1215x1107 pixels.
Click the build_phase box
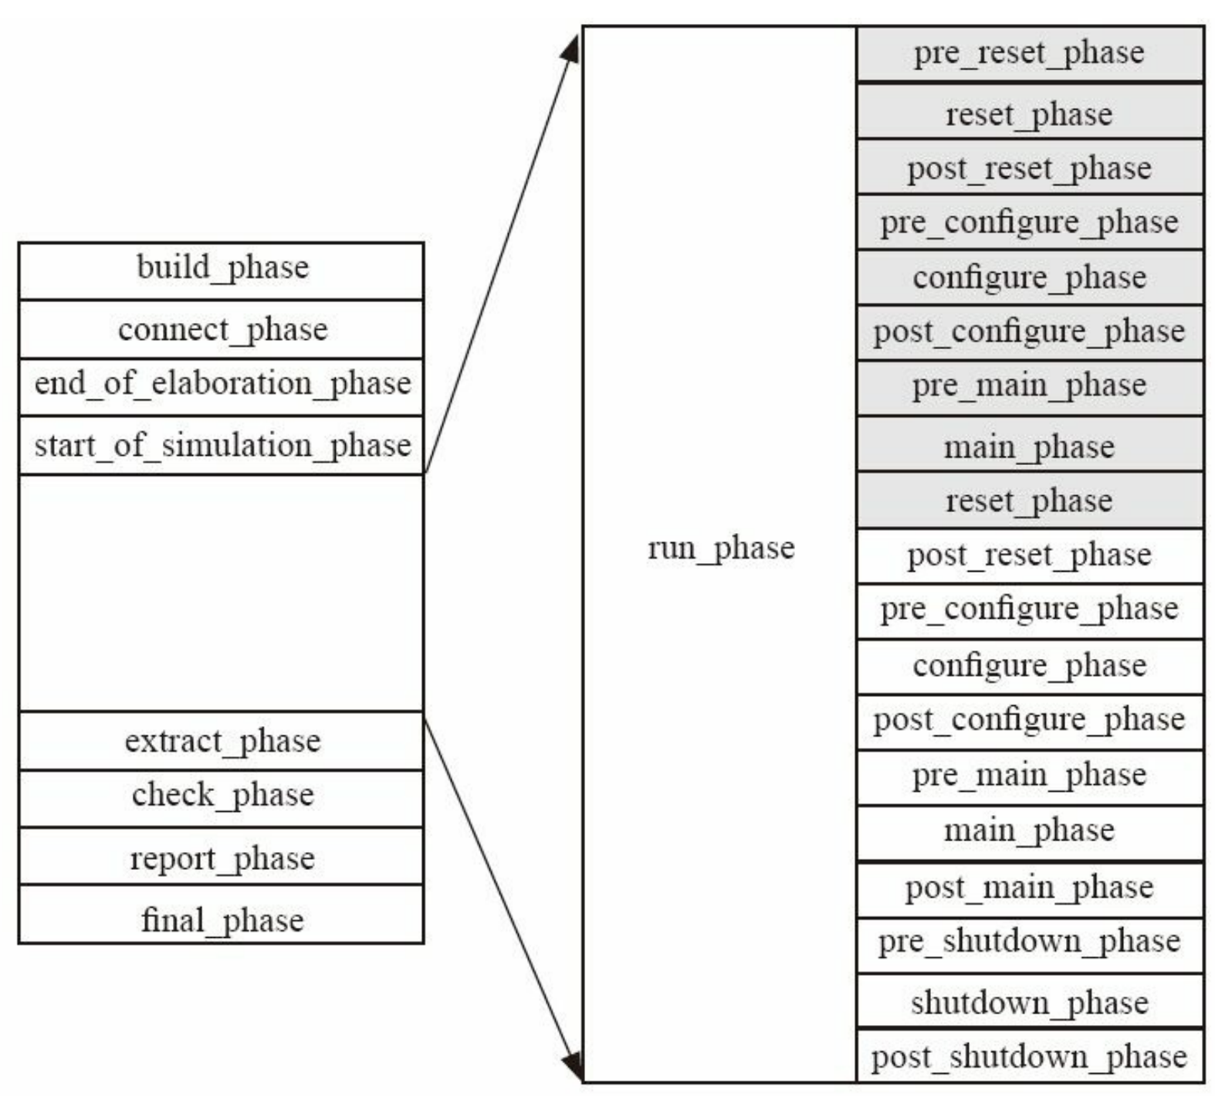click(222, 269)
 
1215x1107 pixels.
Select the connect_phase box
click(222, 330)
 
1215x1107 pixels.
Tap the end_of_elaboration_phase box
click(222, 385)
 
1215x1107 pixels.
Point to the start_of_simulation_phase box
click(222, 446)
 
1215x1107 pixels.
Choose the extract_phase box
click(222, 741)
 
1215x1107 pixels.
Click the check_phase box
click(222, 796)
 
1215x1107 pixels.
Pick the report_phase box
click(222, 857)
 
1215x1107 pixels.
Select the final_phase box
click(222, 916)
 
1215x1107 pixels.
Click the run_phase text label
click(720, 548)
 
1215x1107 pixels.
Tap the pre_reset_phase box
click(1029, 53)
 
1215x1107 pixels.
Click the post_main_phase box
click(1029, 888)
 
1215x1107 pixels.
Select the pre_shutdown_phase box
click(1029, 943)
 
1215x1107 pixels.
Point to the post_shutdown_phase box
click(1029, 1056)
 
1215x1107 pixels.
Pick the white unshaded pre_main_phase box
click(1029, 776)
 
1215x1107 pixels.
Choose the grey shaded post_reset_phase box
click(1029, 168)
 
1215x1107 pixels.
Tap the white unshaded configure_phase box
click(1029, 666)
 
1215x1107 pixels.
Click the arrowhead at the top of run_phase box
click(571, 49)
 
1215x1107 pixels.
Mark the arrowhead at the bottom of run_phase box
click(572, 1067)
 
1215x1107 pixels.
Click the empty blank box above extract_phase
click(222, 593)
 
